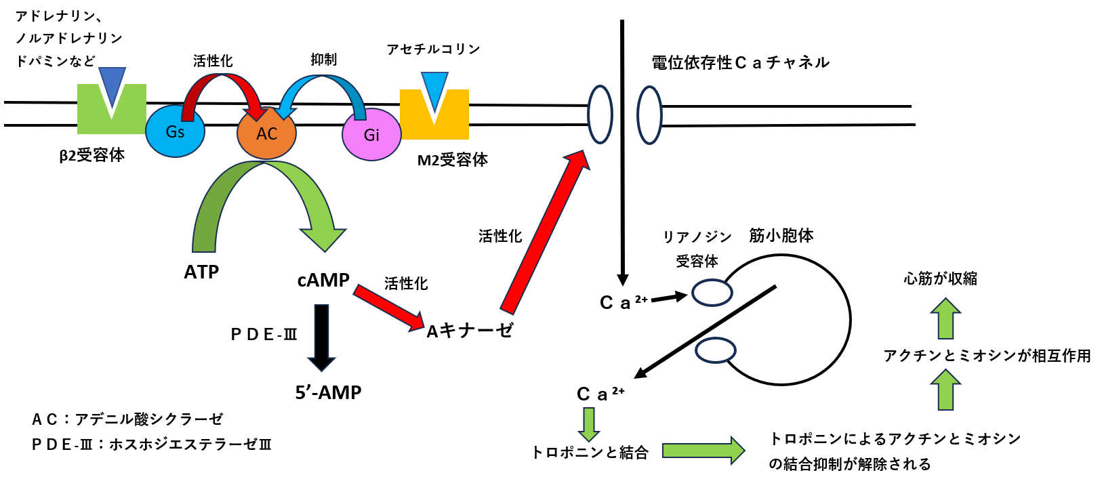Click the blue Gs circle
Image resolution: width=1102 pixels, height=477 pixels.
[x=175, y=131]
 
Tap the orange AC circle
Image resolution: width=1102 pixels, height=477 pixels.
[x=266, y=133]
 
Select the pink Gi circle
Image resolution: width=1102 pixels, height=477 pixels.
[x=371, y=135]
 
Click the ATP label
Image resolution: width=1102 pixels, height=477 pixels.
[x=201, y=272]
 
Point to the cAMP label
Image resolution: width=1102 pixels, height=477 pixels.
[x=323, y=281]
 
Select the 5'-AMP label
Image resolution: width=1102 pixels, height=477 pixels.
[x=328, y=392]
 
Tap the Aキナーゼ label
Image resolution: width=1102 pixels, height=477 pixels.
[x=469, y=331]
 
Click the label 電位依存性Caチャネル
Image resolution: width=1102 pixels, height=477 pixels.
[x=740, y=63]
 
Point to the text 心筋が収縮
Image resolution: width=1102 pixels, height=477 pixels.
[x=940, y=278]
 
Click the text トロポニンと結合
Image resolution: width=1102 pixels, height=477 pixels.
[x=590, y=453]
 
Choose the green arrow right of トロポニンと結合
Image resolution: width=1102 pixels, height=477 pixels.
[x=703, y=451]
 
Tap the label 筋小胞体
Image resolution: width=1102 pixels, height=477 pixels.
[x=781, y=236]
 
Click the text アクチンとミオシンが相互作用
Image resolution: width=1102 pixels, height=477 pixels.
[x=987, y=356]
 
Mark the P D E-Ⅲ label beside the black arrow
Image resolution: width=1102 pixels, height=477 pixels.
[x=264, y=335]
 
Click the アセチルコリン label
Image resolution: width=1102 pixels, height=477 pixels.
[x=433, y=49]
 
